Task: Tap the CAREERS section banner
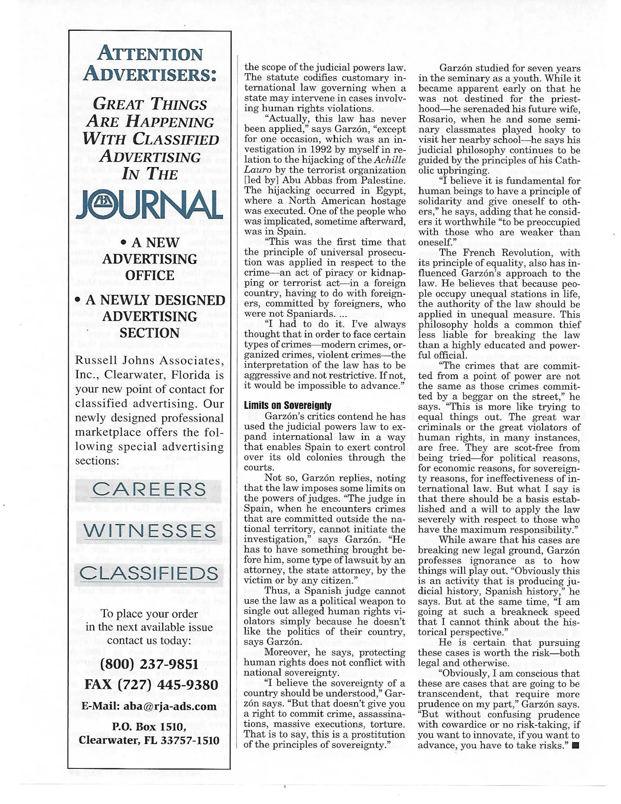point(150,489)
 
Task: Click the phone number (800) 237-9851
point(149,664)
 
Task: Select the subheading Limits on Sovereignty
point(287,405)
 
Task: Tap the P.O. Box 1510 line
point(149,727)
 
